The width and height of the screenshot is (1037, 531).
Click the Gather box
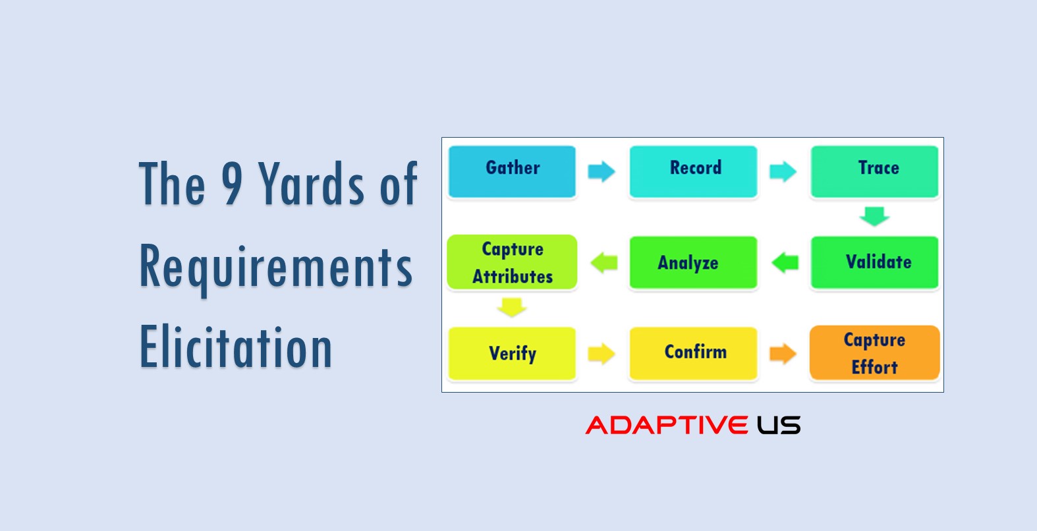512,172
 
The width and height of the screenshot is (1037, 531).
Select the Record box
693,172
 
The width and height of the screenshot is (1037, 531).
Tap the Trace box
874,172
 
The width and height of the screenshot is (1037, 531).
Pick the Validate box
874,262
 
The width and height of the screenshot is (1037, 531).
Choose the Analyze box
693,262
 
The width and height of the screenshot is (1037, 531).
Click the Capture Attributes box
512,262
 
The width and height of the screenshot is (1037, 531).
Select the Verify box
512,354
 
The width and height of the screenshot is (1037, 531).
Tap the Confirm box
693,354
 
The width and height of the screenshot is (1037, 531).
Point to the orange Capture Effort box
874,352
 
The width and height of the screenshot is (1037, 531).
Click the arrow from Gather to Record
602,171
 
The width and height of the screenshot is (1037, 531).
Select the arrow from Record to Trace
783,171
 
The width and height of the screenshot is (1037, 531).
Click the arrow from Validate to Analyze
785,262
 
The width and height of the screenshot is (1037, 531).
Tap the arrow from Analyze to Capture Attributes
604,262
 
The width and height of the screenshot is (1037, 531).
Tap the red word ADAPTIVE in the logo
667,425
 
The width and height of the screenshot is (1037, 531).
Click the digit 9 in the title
232,183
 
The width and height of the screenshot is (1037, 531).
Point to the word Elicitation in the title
236,347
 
